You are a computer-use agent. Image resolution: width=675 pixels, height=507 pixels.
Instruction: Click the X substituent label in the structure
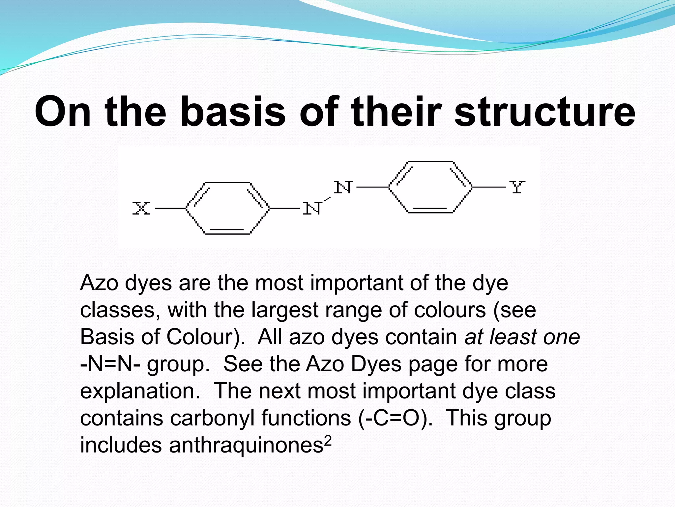click(141, 208)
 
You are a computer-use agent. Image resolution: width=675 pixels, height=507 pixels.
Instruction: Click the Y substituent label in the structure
click(517, 187)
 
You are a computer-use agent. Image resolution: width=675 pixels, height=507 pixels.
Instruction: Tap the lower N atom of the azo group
click(312, 209)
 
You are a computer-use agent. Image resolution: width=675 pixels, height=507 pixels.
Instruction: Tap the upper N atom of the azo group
click(343, 187)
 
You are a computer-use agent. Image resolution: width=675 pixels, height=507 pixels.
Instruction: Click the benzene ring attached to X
click(227, 208)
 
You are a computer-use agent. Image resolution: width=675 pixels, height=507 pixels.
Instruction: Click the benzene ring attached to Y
click(430, 187)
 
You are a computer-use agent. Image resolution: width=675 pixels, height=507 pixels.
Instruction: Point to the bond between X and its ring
click(170, 208)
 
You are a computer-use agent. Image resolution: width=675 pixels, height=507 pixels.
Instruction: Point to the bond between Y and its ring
click(489, 187)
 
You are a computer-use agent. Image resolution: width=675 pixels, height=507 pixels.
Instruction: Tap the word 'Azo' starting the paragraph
click(99, 283)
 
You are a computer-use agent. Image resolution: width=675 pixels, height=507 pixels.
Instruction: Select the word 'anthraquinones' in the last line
click(246, 445)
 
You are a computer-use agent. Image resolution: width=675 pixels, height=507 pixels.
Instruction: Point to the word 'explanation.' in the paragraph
click(140, 391)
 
